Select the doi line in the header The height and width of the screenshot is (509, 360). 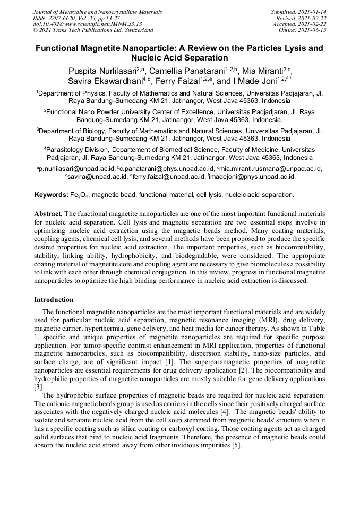[87, 24]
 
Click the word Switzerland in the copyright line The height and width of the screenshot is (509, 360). [135, 30]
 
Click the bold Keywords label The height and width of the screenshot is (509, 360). [51, 195]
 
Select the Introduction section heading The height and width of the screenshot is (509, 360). [54, 300]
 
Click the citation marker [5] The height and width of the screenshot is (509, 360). [236, 445]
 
